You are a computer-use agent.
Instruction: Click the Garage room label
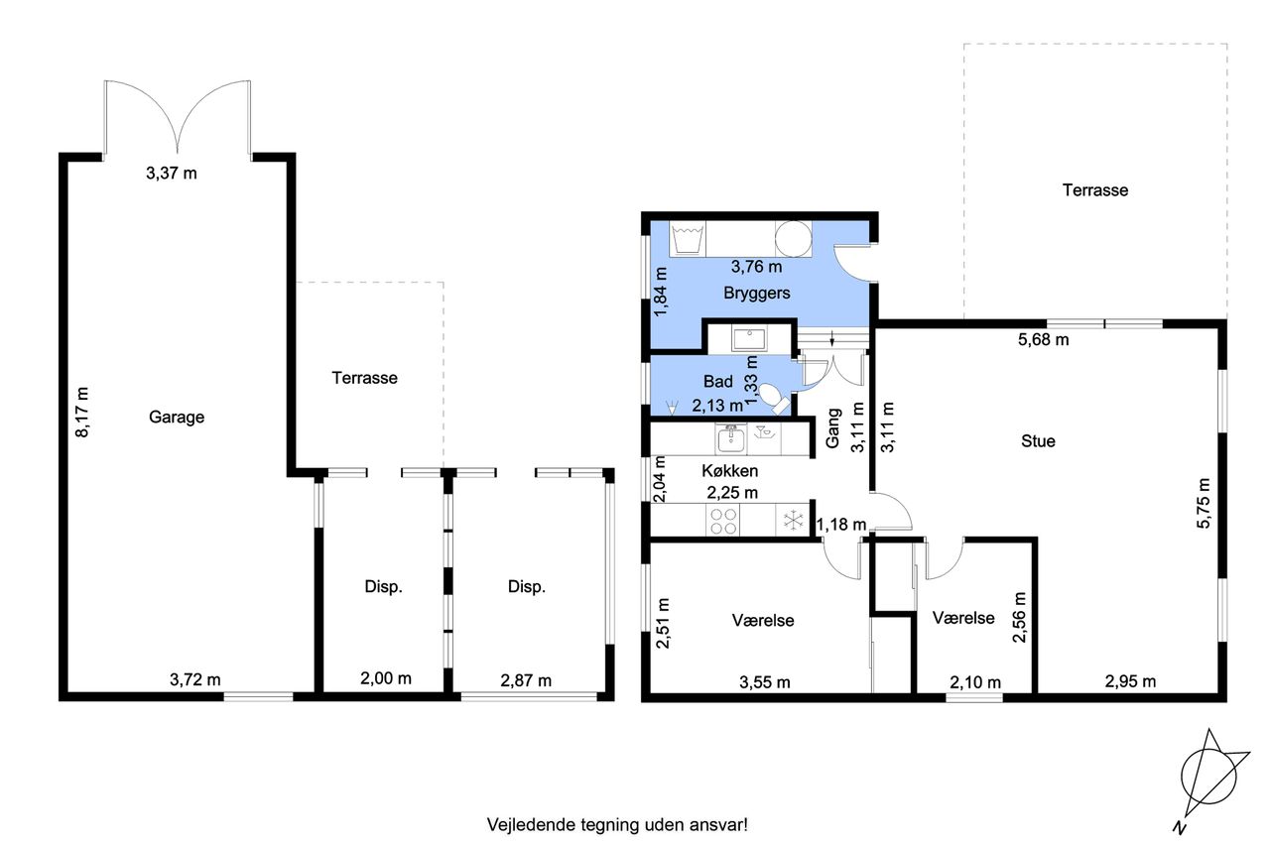pyautogui.click(x=177, y=418)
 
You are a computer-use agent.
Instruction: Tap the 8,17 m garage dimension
pyautogui.click(x=82, y=412)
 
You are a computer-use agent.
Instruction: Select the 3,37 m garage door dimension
pyautogui.click(x=172, y=173)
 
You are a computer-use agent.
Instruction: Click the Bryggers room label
pyautogui.click(x=756, y=293)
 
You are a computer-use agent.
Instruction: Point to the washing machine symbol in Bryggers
pyautogui.click(x=688, y=239)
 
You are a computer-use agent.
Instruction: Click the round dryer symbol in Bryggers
pyautogui.click(x=793, y=239)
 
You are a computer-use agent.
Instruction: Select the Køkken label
pyautogui.click(x=729, y=471)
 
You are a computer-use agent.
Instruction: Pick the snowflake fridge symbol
pyautogui.click(x=793, y=520)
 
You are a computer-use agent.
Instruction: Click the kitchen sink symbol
pyautogui.click(x=731, y=439)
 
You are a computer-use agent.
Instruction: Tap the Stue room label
pyautogui.click(x=1038, y=441)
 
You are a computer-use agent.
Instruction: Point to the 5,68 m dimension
pyautogui.click(x=1043, y=340)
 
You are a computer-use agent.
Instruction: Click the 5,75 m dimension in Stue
pyautogui.click(x=1204, y=504)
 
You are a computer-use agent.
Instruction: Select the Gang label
pyautogui.click(x=832, y=428)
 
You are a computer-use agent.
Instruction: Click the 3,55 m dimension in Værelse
pyautogui.click(x=764, y=682)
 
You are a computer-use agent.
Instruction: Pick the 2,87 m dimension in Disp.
pyautogui.click(x=526, y=680)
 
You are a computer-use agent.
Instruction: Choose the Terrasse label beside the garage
pyautogui.click(x=364, y=378)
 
